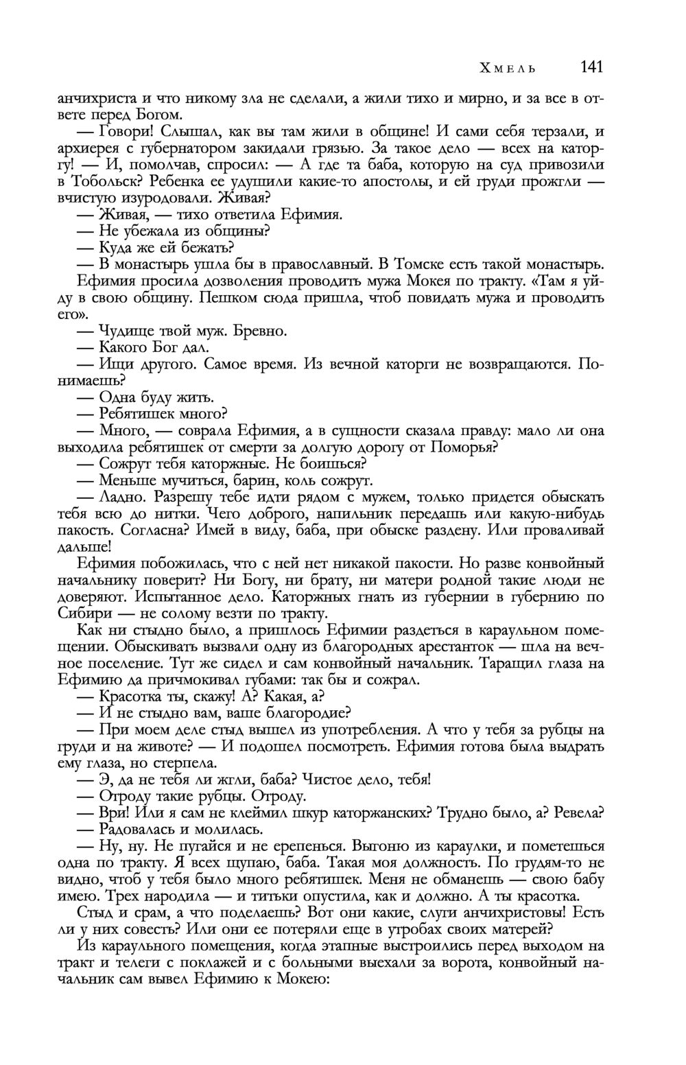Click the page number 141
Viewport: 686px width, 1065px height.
pyautogui.click(x=591, y=67)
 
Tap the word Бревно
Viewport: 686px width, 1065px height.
pyautogui.click(x=260, y=331)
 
